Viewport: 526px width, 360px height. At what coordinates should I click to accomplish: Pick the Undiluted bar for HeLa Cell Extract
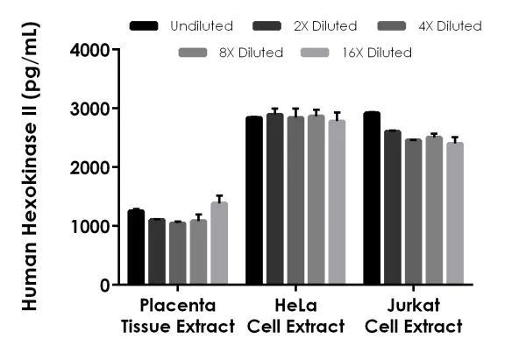point(254,201)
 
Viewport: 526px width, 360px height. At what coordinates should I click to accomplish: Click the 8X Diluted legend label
point(252,53)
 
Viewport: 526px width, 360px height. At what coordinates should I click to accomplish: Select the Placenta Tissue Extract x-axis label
point(178,316)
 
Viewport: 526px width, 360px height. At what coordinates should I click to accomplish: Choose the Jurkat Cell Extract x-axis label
point(413,316)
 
